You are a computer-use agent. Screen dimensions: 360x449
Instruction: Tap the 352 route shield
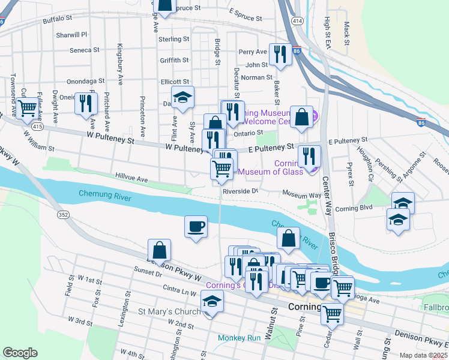tap(62, 214)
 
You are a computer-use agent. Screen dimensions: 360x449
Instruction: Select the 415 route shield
tap(37, 127)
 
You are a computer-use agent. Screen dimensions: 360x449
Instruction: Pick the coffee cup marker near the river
tap(196, 227)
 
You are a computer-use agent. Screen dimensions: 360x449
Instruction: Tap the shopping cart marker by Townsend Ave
tap(26, 109)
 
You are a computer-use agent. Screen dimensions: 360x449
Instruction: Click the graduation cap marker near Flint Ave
tap(183, 97)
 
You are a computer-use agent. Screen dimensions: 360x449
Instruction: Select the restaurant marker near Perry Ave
tap(280, 55)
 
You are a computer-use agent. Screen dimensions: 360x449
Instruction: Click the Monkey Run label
tap(240, 338)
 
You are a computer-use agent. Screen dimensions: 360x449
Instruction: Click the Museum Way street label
tap(302, 195)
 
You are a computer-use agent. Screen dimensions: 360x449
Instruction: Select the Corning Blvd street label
tap(354, 208)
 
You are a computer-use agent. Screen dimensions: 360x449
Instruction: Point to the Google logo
tap(20, 353)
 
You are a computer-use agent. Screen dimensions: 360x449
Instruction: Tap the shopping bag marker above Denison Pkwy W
tap(159, 249)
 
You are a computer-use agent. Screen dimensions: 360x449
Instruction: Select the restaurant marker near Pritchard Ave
tap(86, 103)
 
